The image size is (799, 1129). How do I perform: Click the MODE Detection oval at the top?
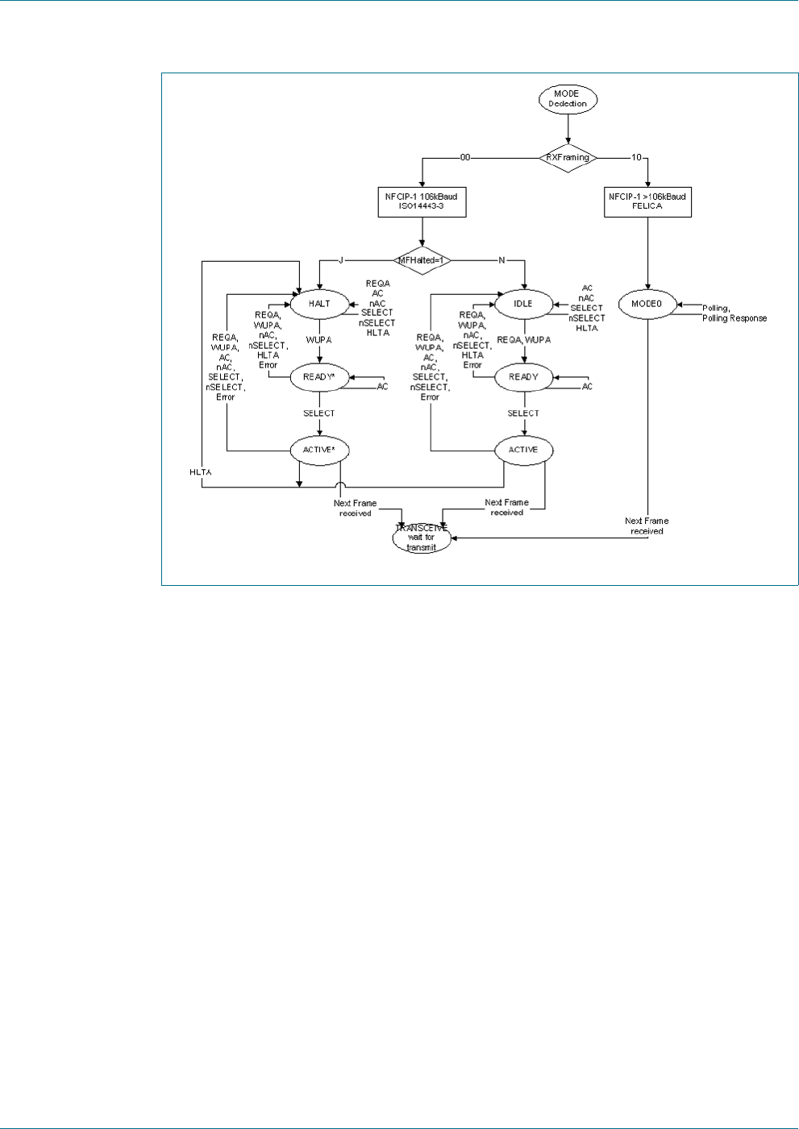pyautogui.click(x=567, y=99)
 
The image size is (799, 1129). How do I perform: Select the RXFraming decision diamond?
pyautogui.click(x=568, y=158)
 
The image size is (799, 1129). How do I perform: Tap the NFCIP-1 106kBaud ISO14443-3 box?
pyautogui.click(x=421, y=201)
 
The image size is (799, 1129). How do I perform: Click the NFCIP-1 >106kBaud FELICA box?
pyautogui.click(x=647, y=201)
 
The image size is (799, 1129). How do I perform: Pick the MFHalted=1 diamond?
pyautogui.click(x=422, y=260)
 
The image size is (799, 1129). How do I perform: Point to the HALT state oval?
pyautogui.click(x=319, y=304)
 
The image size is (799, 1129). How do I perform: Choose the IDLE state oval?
pyautogui.click(x=523, y=304)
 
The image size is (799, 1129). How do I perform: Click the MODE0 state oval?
pyautogui.click(x=647, y=304)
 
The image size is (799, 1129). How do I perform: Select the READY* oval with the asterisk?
pyautogui.click(x=319, y=377)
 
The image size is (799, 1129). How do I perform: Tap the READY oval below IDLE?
pyautogui.click(x=523, y=377)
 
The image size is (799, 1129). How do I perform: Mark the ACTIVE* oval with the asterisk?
pyautogui.click(x=319, y=450)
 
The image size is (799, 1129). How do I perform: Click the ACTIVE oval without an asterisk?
pyautogui.click(x=523, y=450)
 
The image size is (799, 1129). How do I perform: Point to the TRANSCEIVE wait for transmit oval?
pyautogui.click(x=422, y=538)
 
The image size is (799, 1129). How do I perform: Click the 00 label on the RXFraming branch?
pyautogui.click(x=465, y=158)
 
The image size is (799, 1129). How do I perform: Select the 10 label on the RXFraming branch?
pyautogui.click(x=637, y=158)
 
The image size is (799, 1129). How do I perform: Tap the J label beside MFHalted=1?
pyautogui.click(x=341, y=260)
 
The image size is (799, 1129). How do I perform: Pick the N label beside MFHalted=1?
pyautogui.click(x=502, y=260)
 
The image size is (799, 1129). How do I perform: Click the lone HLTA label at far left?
pyautogui.click(x=201, y=472)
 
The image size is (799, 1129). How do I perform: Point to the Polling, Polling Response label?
pyautogui.click(x=734, y=313)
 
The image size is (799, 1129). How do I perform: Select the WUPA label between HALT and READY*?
pyautogui.click(x=319, y=340)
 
